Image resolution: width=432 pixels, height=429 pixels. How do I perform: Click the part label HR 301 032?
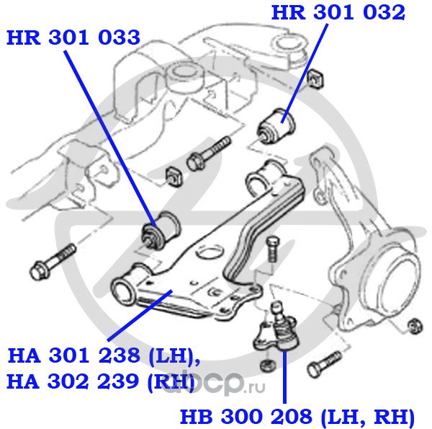point(338,12)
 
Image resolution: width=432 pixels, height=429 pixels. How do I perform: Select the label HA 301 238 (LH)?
point(103,356)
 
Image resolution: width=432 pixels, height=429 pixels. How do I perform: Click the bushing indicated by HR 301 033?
point(161,231)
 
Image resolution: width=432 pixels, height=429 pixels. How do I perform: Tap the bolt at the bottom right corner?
point(323,364)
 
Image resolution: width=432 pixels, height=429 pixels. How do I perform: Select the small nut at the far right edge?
point(413,325)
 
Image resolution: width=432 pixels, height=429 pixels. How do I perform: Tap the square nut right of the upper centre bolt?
point(173,174)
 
